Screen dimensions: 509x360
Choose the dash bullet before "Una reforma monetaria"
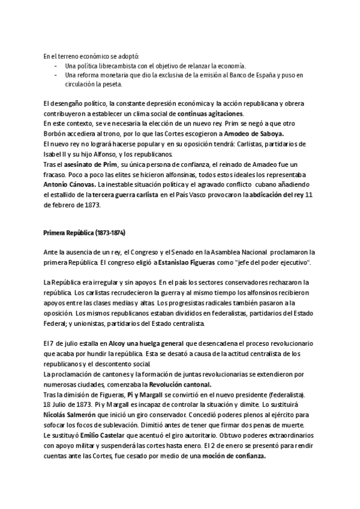[x=56, y=75]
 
